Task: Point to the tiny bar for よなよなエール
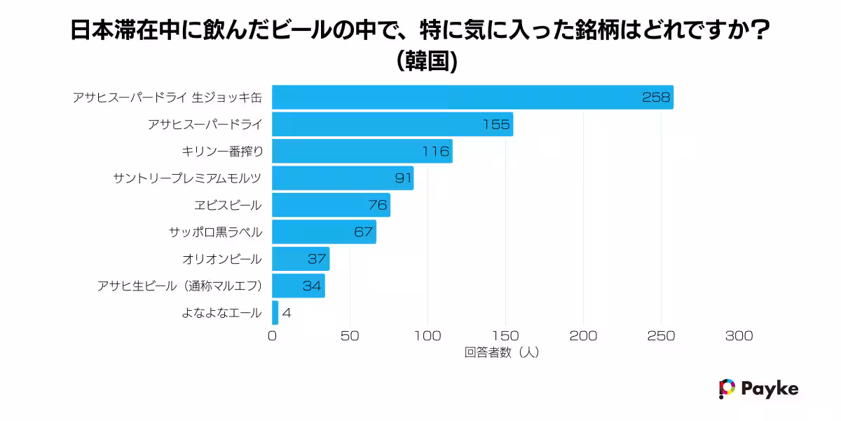[275, 313]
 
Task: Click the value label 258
[656, 98]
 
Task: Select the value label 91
[403, 178]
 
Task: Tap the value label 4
[286, 313]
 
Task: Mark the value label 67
[363, 232]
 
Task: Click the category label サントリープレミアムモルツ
[187, 178]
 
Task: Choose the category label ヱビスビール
[228, 206]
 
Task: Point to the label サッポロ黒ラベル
[215, 232]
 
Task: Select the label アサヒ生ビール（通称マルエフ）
[179, 286]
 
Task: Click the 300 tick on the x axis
[739, 336]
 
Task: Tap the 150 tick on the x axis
[505, 336]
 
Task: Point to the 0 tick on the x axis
[273, 336]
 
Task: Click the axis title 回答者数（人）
[501, 353]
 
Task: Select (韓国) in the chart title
[427, 62]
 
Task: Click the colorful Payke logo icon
[727, 389]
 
